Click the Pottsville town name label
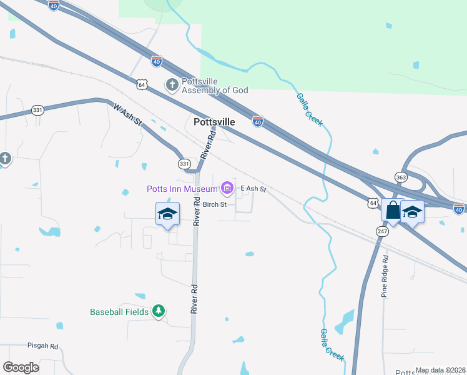214,122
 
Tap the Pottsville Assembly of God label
215,85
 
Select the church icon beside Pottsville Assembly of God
172,84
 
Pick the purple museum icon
227,187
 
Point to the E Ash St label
253,189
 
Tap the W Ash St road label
128,116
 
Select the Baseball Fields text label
119,312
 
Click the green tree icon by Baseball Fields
159,311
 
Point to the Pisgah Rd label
42,346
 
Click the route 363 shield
400,177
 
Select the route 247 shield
382,231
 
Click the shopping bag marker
393,210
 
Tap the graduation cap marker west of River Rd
167,214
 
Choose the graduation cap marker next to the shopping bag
413,212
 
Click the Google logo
21,367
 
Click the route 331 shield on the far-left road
38,110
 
